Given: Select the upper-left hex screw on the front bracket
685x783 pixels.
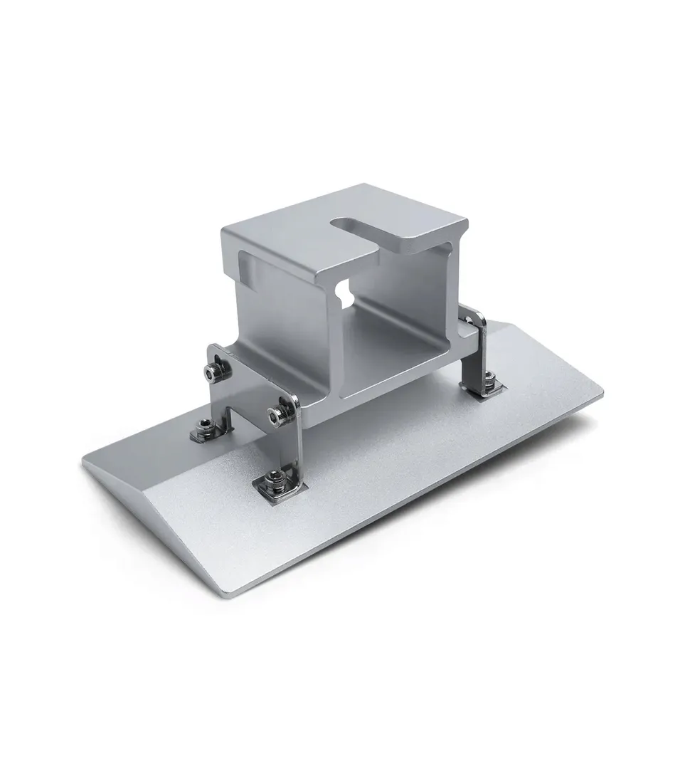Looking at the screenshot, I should click(x=211, y=372).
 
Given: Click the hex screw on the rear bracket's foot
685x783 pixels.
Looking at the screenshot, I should click(x=490, y=378).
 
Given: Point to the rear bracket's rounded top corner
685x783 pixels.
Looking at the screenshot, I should click(x=481, y=317).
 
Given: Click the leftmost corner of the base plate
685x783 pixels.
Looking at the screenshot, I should click(x=84, y=461).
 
